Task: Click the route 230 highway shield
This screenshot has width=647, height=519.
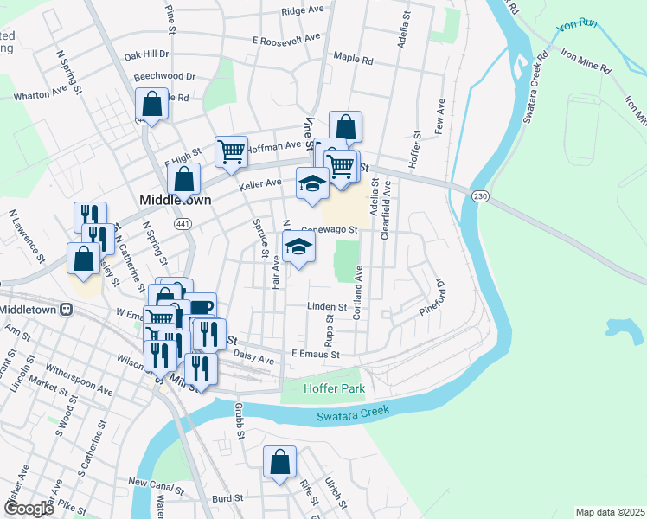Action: pos(479,197)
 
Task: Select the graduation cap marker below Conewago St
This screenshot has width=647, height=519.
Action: pos(298,248)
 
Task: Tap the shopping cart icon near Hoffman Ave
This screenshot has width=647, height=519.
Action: pos(231,151)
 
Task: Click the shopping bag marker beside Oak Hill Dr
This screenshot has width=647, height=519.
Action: pos(151,105)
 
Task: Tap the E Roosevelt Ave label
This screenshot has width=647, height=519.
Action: pos(286,39)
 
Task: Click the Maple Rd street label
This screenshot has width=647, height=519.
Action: pos(353,61)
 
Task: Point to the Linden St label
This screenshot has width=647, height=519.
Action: pos(328,306)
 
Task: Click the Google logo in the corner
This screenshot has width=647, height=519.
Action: pos(29,509)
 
